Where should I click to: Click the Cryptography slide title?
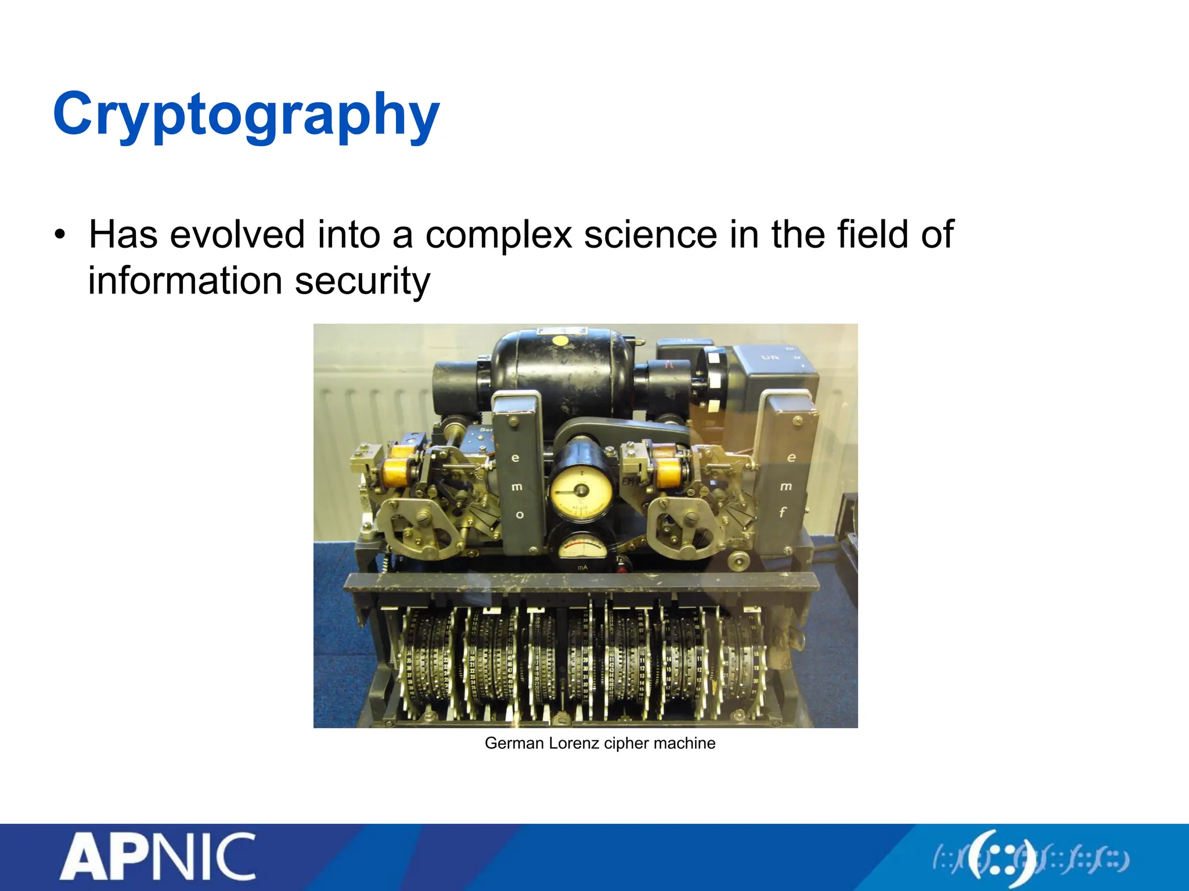point(246,114)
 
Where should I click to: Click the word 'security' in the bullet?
point(362,281)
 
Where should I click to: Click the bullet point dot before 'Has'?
point(59,236)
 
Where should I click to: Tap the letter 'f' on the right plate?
point(783,512)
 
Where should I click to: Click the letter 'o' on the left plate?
point(520,515)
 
